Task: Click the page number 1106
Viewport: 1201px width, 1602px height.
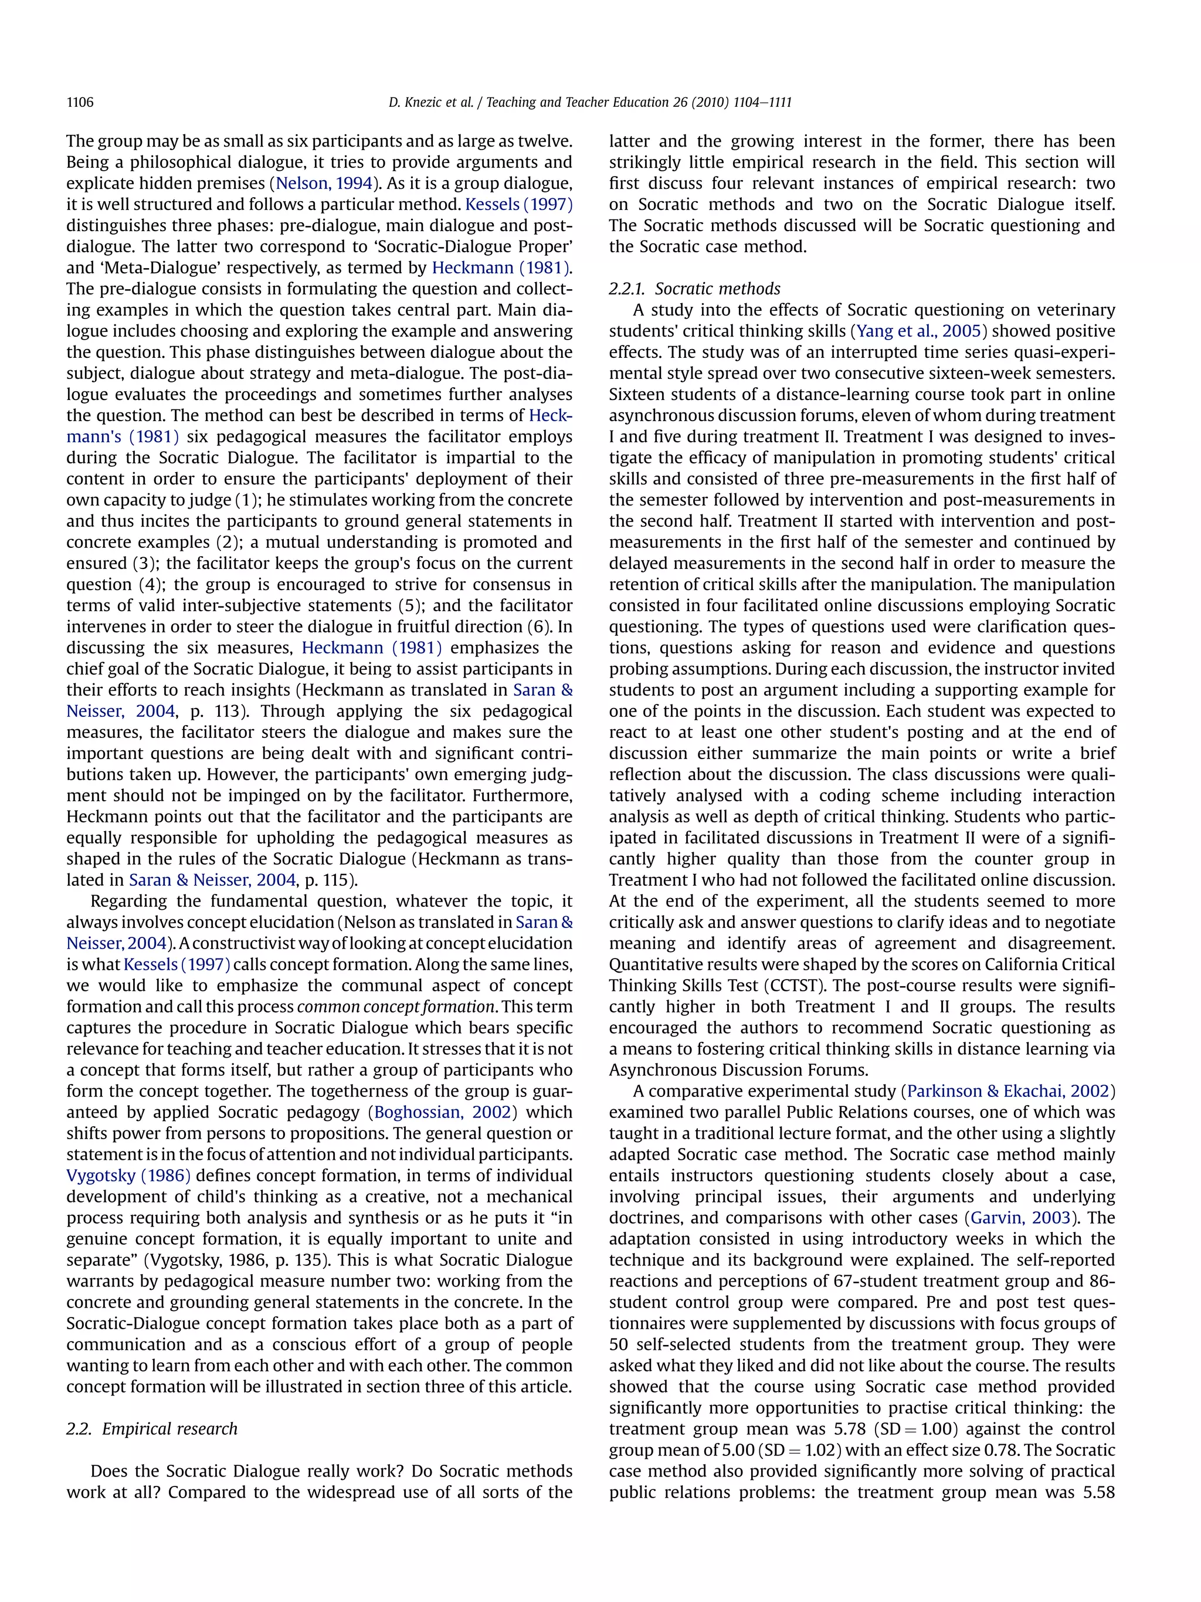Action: (80, 102)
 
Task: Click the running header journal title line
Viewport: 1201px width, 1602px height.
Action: (590, 102)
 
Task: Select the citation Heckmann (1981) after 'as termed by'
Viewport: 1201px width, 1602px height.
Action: (501, 268)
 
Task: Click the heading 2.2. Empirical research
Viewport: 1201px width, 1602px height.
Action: (152, 1428)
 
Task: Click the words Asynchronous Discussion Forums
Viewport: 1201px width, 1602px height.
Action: (738, 1070)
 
